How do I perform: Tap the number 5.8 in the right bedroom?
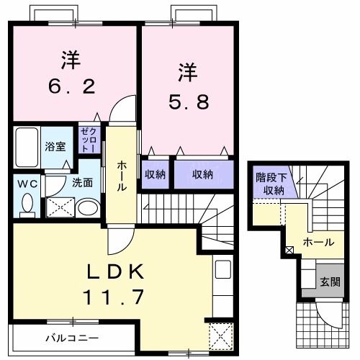[x=189, y=102]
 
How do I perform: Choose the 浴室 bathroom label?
[x=55, y=145]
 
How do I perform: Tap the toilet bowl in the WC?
[x=27, y=205]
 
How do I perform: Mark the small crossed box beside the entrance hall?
[x=289, y=250]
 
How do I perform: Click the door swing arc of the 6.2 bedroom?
[x=124, y=108]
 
